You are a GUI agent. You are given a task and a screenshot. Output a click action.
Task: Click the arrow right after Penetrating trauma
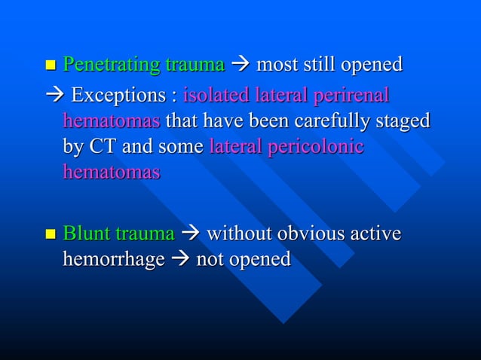(240, 66)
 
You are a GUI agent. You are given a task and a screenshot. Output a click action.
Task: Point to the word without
(243, 234)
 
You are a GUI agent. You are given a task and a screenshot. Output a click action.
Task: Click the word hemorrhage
(113, 260)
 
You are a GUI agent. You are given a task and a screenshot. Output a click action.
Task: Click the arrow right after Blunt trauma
(191, 234)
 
